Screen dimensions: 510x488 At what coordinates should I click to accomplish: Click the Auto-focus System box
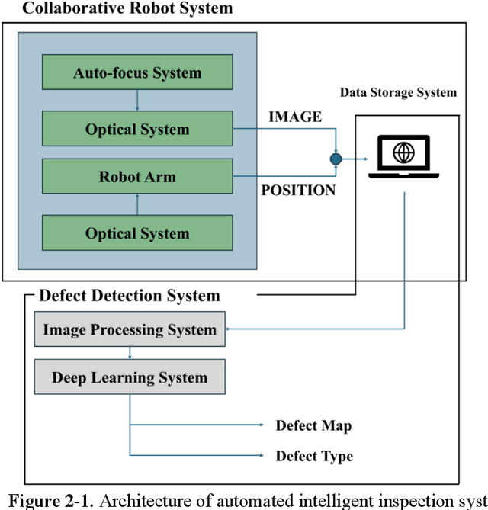click(137, 73)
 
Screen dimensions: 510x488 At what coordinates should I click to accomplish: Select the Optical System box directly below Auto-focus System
click(137, 129)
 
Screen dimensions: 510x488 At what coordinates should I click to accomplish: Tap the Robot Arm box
click(137, 177)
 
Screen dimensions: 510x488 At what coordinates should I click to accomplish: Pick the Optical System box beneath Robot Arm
click(137, 233)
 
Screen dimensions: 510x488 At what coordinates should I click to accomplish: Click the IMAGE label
click(295, 117)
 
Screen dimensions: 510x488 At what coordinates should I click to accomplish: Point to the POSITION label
click(298, 191)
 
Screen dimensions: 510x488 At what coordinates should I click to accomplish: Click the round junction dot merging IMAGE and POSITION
click(335, 159)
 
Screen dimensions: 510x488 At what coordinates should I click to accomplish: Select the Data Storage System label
click(398, 93)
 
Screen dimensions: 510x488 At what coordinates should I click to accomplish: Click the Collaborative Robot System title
click(117, 9)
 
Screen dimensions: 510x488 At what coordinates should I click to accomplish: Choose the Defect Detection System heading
click(129, 295)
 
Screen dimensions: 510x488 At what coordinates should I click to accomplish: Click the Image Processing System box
click(130, 330)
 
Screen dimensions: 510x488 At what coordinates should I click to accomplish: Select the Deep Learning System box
click(130, 377)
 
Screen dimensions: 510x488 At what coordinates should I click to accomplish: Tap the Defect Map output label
click(313, 425)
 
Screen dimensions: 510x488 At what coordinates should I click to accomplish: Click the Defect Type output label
click(314, 456)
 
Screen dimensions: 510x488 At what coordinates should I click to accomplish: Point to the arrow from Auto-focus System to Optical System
click(137, 101)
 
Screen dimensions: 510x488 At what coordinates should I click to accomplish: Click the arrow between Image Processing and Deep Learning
click(130, 354)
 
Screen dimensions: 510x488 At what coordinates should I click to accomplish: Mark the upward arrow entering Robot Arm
click(137, 204)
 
